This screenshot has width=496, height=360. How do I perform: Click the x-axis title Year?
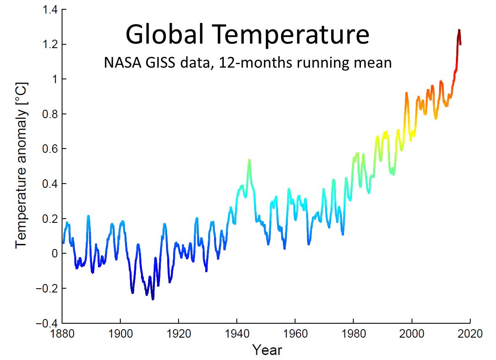click(x=267, y=350)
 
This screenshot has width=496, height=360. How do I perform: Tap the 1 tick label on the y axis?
click(x=54, y=79)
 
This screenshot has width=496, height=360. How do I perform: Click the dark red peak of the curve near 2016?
click(x=459, y=30)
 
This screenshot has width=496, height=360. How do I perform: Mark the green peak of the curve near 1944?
click(x=249, y=160)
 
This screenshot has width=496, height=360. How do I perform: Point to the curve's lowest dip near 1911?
click(x=153, y=299)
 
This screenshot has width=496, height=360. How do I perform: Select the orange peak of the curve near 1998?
click(x=406, y=93)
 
